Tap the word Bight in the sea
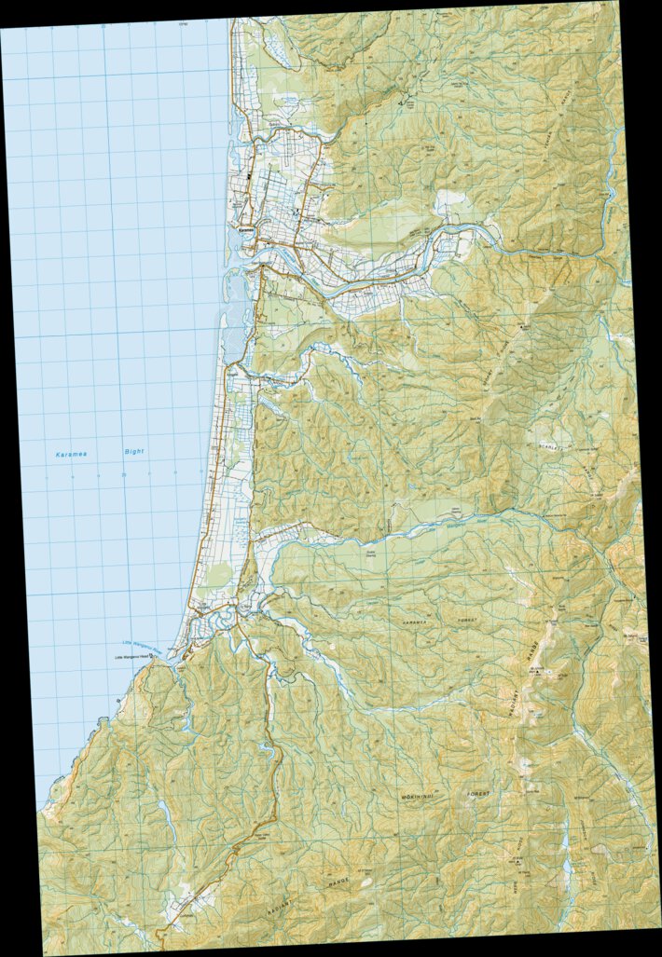[x=135, y=452]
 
